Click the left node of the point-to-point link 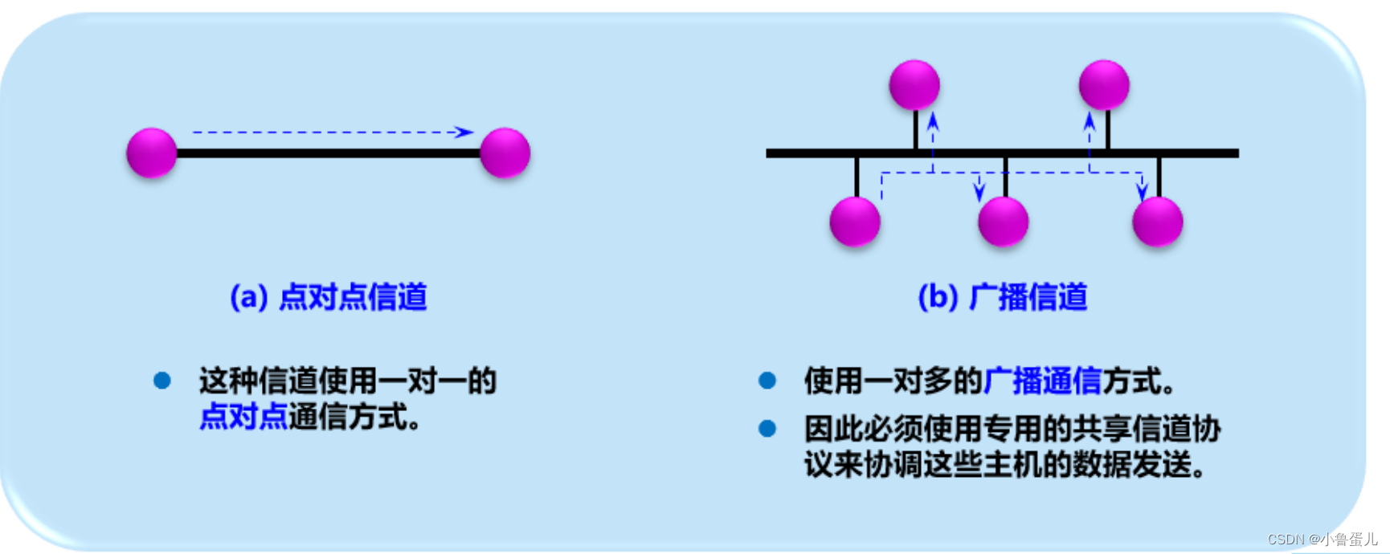[152, 153]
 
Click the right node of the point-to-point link [505, 153]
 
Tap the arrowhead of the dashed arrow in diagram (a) [464, 132]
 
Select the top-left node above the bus [914, 84]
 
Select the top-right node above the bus [1104, 84]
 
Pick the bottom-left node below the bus [855, 221]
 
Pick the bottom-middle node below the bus [1004, 221]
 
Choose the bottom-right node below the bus [1157, 221]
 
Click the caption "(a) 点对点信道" [328, 297]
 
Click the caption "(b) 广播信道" [1002, 297]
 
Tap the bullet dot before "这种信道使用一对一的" [162, 381]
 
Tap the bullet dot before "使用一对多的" [767, 381]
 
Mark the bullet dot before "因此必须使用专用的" [767, 429]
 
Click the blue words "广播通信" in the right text [1042, 381]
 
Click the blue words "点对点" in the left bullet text [243, 418]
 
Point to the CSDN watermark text [1322, 540]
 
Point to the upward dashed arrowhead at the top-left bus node [933, 121]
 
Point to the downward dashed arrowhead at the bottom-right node [1142, 192]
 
